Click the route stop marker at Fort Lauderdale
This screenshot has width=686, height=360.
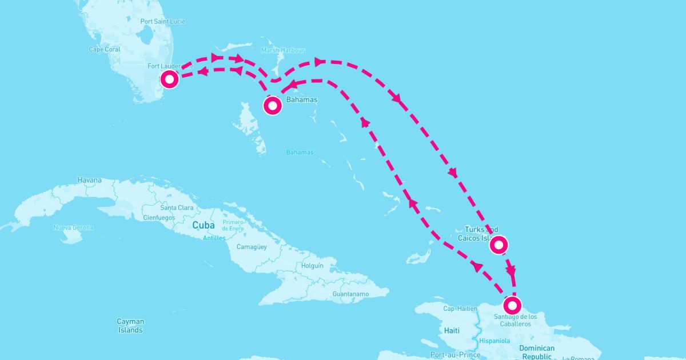(x=170, y=79)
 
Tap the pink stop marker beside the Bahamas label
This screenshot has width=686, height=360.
(x=273, y=105)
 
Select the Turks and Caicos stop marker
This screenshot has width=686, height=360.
(x=498, y=245)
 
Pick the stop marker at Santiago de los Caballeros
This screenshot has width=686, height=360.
(x=513, y=303)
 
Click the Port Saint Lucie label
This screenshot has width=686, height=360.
(x=162, y=21)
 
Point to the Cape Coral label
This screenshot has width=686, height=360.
(x=104, y=49)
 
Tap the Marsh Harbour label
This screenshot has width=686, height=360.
(x=283, y=50)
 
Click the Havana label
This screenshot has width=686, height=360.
(x=89, y=180)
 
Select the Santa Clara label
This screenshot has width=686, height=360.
(x=177, y=207)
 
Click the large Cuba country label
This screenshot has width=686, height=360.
(x=203, y=225)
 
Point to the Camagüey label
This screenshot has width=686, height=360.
(x=252, y=247)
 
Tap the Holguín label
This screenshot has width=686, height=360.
(x=312, y=266)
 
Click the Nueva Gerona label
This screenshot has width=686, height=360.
(x=73, y=227)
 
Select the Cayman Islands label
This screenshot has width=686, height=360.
(x=130, y=326)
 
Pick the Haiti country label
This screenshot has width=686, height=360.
(x=452, y=330)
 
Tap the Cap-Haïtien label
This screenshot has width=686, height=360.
(x=460, y=309)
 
